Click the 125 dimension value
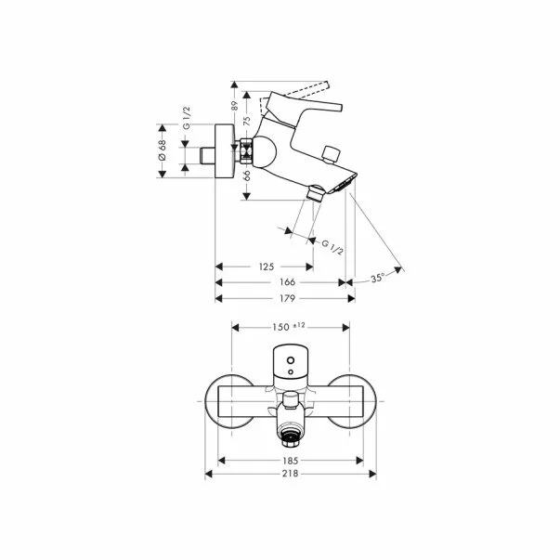pyautogui.click(x=265, y=267)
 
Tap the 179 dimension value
pyautogui.click(x=287, y=298)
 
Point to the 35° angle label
pyautogui.click(x=377, y=278)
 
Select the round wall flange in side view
pyautogui.click(x=223, y=150)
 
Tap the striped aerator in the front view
pyautogui.click(x=292, y=434)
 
